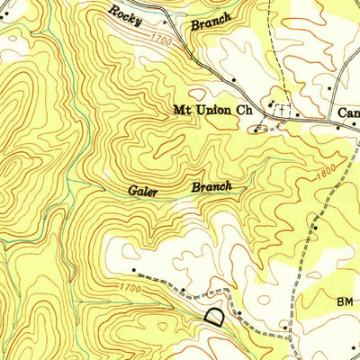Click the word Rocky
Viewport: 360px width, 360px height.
coord(126,13)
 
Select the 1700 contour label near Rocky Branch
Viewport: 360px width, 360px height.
coord(162,40)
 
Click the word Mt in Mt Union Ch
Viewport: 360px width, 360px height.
coord(181,112)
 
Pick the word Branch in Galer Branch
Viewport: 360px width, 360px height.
coord(211,188)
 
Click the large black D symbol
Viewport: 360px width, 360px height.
coord(214,317)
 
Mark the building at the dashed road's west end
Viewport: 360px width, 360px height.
coord(132,269)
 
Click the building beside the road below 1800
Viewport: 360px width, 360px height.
coord(316,230)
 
